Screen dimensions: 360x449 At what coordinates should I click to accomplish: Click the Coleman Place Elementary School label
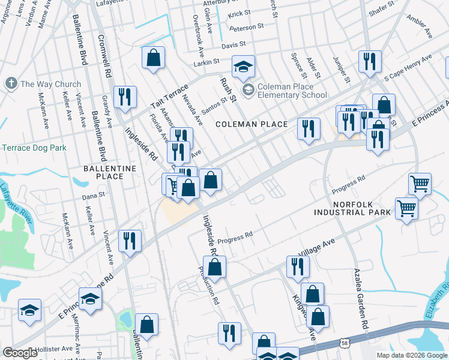(x=292, y=91)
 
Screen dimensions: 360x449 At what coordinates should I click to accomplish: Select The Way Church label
(x=50, y=84)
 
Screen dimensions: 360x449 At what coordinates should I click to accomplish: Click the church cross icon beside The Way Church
(x=11, y=83)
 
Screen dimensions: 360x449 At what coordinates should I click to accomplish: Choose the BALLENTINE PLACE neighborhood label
(x=95, y=172)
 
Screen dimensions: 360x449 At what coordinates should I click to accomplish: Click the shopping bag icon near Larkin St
(x=154, y=58)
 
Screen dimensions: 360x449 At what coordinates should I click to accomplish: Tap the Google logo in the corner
(x=20, y=353)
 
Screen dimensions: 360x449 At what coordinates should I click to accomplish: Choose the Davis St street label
(x=234, y=44)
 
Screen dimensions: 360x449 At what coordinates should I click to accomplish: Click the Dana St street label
(x=93, y=194)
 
